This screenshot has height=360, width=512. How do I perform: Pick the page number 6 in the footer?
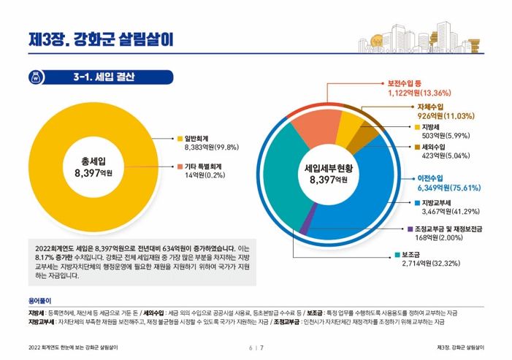[x=251, y=347]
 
